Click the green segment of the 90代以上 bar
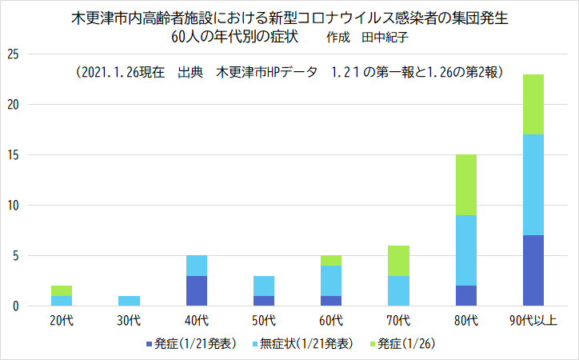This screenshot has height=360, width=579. tap(533, 104)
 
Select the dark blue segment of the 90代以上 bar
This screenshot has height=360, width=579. tap(533, 270)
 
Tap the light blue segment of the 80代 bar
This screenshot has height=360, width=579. tap(465, 250)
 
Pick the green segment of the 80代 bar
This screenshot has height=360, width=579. tap(465, 185)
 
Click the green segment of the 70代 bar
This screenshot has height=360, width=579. tap(398, 261)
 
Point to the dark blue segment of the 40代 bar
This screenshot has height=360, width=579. tap(197, 290)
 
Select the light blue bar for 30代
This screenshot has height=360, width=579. tap(130, 301)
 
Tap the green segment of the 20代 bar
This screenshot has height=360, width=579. tap(62, 290)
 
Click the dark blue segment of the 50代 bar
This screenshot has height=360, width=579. tap(264, 301)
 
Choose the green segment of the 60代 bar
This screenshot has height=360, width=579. tap(331, 260)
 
